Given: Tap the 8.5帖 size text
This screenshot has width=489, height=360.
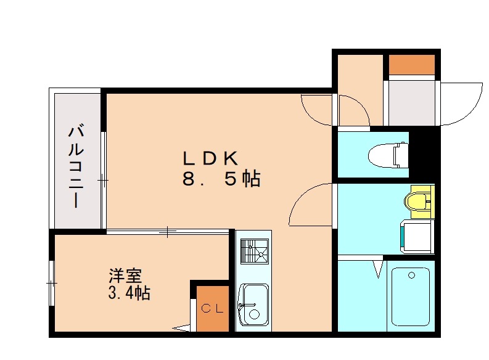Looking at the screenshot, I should (221, 179).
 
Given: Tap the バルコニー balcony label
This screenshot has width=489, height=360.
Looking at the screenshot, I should (76, 165).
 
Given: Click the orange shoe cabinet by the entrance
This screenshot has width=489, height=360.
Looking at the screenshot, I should (411, 64).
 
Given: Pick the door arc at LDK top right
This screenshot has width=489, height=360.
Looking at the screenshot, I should (316, 109).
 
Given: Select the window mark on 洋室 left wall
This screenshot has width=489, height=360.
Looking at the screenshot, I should (52, 283).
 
